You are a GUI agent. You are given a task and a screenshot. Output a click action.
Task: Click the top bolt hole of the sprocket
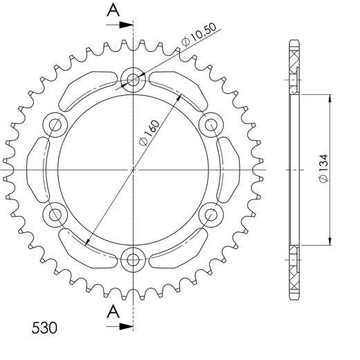[132, 79]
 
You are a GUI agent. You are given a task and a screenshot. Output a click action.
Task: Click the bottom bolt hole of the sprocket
[132, 261]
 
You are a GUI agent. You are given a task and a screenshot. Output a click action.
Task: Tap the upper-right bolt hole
[210, 125]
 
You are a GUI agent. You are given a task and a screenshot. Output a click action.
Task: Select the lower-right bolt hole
[210, 215]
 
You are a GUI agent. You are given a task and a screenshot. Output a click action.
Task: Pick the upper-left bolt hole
[53, 125]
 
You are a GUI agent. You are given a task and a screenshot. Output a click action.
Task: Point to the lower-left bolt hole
[53, 215]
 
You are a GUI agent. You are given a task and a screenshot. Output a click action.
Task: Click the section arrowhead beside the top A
[127, 24]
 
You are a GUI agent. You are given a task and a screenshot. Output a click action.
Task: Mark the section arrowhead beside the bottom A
[127, 325]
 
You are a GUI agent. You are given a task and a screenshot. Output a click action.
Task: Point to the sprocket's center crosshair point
[132, 170]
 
